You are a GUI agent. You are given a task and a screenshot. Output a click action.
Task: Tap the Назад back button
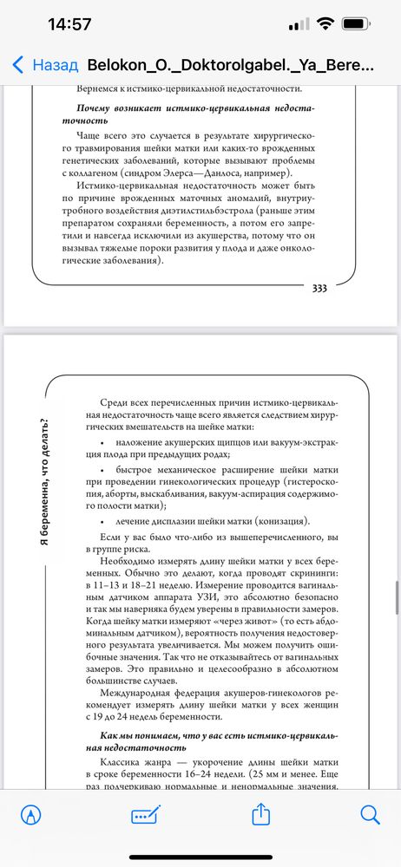point(45,65)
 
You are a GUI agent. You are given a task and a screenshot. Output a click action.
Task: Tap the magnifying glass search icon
point(370,814)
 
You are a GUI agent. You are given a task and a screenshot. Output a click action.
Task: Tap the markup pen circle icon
point(30,814)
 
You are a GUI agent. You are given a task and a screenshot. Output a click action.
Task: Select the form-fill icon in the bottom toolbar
point(143,815)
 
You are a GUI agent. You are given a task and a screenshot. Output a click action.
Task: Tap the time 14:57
point(69,23)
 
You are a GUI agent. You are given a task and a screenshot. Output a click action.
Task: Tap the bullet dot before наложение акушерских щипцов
point(102,443)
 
